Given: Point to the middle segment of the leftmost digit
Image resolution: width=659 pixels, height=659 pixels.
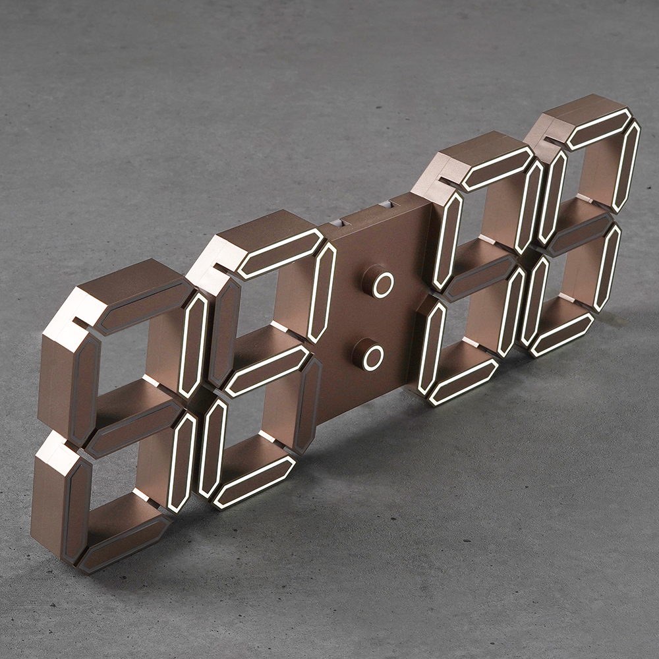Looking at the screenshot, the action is [135, 428].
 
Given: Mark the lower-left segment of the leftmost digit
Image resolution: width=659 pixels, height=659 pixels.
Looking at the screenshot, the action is [76, 509].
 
